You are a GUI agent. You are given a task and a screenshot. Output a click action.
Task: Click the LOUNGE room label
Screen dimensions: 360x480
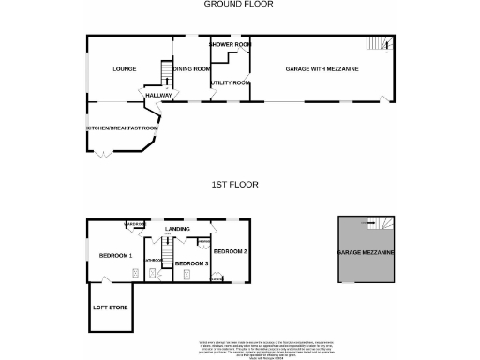point(125,69)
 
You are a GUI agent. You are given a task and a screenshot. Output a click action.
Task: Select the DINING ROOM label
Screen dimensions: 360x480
point(190,68)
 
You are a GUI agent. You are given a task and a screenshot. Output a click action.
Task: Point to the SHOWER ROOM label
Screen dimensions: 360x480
point(230,44)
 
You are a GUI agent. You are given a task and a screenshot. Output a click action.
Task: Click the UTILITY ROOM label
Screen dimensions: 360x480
point(230,83)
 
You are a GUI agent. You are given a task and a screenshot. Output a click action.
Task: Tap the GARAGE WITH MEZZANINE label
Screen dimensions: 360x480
point(322,69)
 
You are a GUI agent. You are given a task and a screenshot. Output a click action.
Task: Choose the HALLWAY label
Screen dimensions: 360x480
point(156,95)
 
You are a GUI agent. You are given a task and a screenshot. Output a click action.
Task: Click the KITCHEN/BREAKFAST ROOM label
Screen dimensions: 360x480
point(122,127)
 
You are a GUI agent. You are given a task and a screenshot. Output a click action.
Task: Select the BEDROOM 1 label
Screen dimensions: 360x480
point(116,255)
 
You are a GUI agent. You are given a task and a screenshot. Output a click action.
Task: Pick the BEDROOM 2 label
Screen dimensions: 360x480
point(230,251)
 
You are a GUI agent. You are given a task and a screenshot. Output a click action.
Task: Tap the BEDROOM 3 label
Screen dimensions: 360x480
point(191,263)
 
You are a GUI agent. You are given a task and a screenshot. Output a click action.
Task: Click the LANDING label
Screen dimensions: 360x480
point(177,229)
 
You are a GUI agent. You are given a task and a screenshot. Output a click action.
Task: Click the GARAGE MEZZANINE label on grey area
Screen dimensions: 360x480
point(367,254)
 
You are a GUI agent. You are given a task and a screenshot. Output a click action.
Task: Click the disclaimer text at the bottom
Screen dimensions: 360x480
point(239,347)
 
